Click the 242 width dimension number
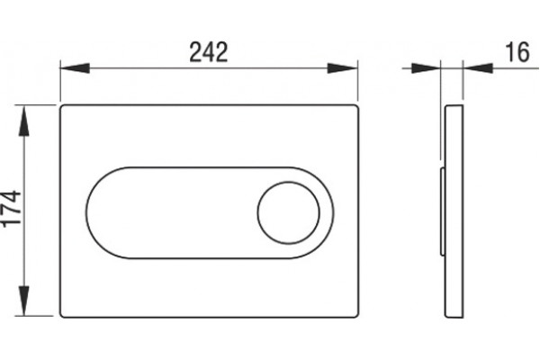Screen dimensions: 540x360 209,52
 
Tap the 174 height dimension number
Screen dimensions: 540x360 11,209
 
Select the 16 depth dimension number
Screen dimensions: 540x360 517,52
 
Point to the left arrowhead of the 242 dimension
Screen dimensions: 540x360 75,68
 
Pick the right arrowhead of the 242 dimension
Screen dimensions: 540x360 343,68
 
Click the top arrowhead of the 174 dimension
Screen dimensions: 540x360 23,121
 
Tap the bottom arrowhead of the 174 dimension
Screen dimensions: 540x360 23,301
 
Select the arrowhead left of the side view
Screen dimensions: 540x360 426,68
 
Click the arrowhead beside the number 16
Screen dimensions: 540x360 478,68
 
